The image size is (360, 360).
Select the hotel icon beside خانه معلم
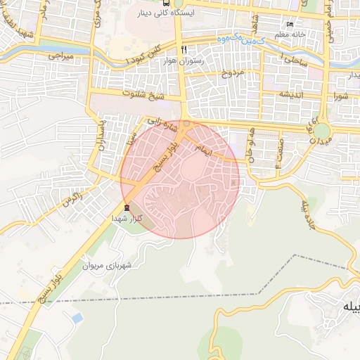(x=290, y=24)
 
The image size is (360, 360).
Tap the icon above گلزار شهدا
(x=127, y=207)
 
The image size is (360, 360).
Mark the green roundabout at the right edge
(x=322, y=131)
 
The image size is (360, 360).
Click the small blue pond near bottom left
(x=77, y=319)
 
